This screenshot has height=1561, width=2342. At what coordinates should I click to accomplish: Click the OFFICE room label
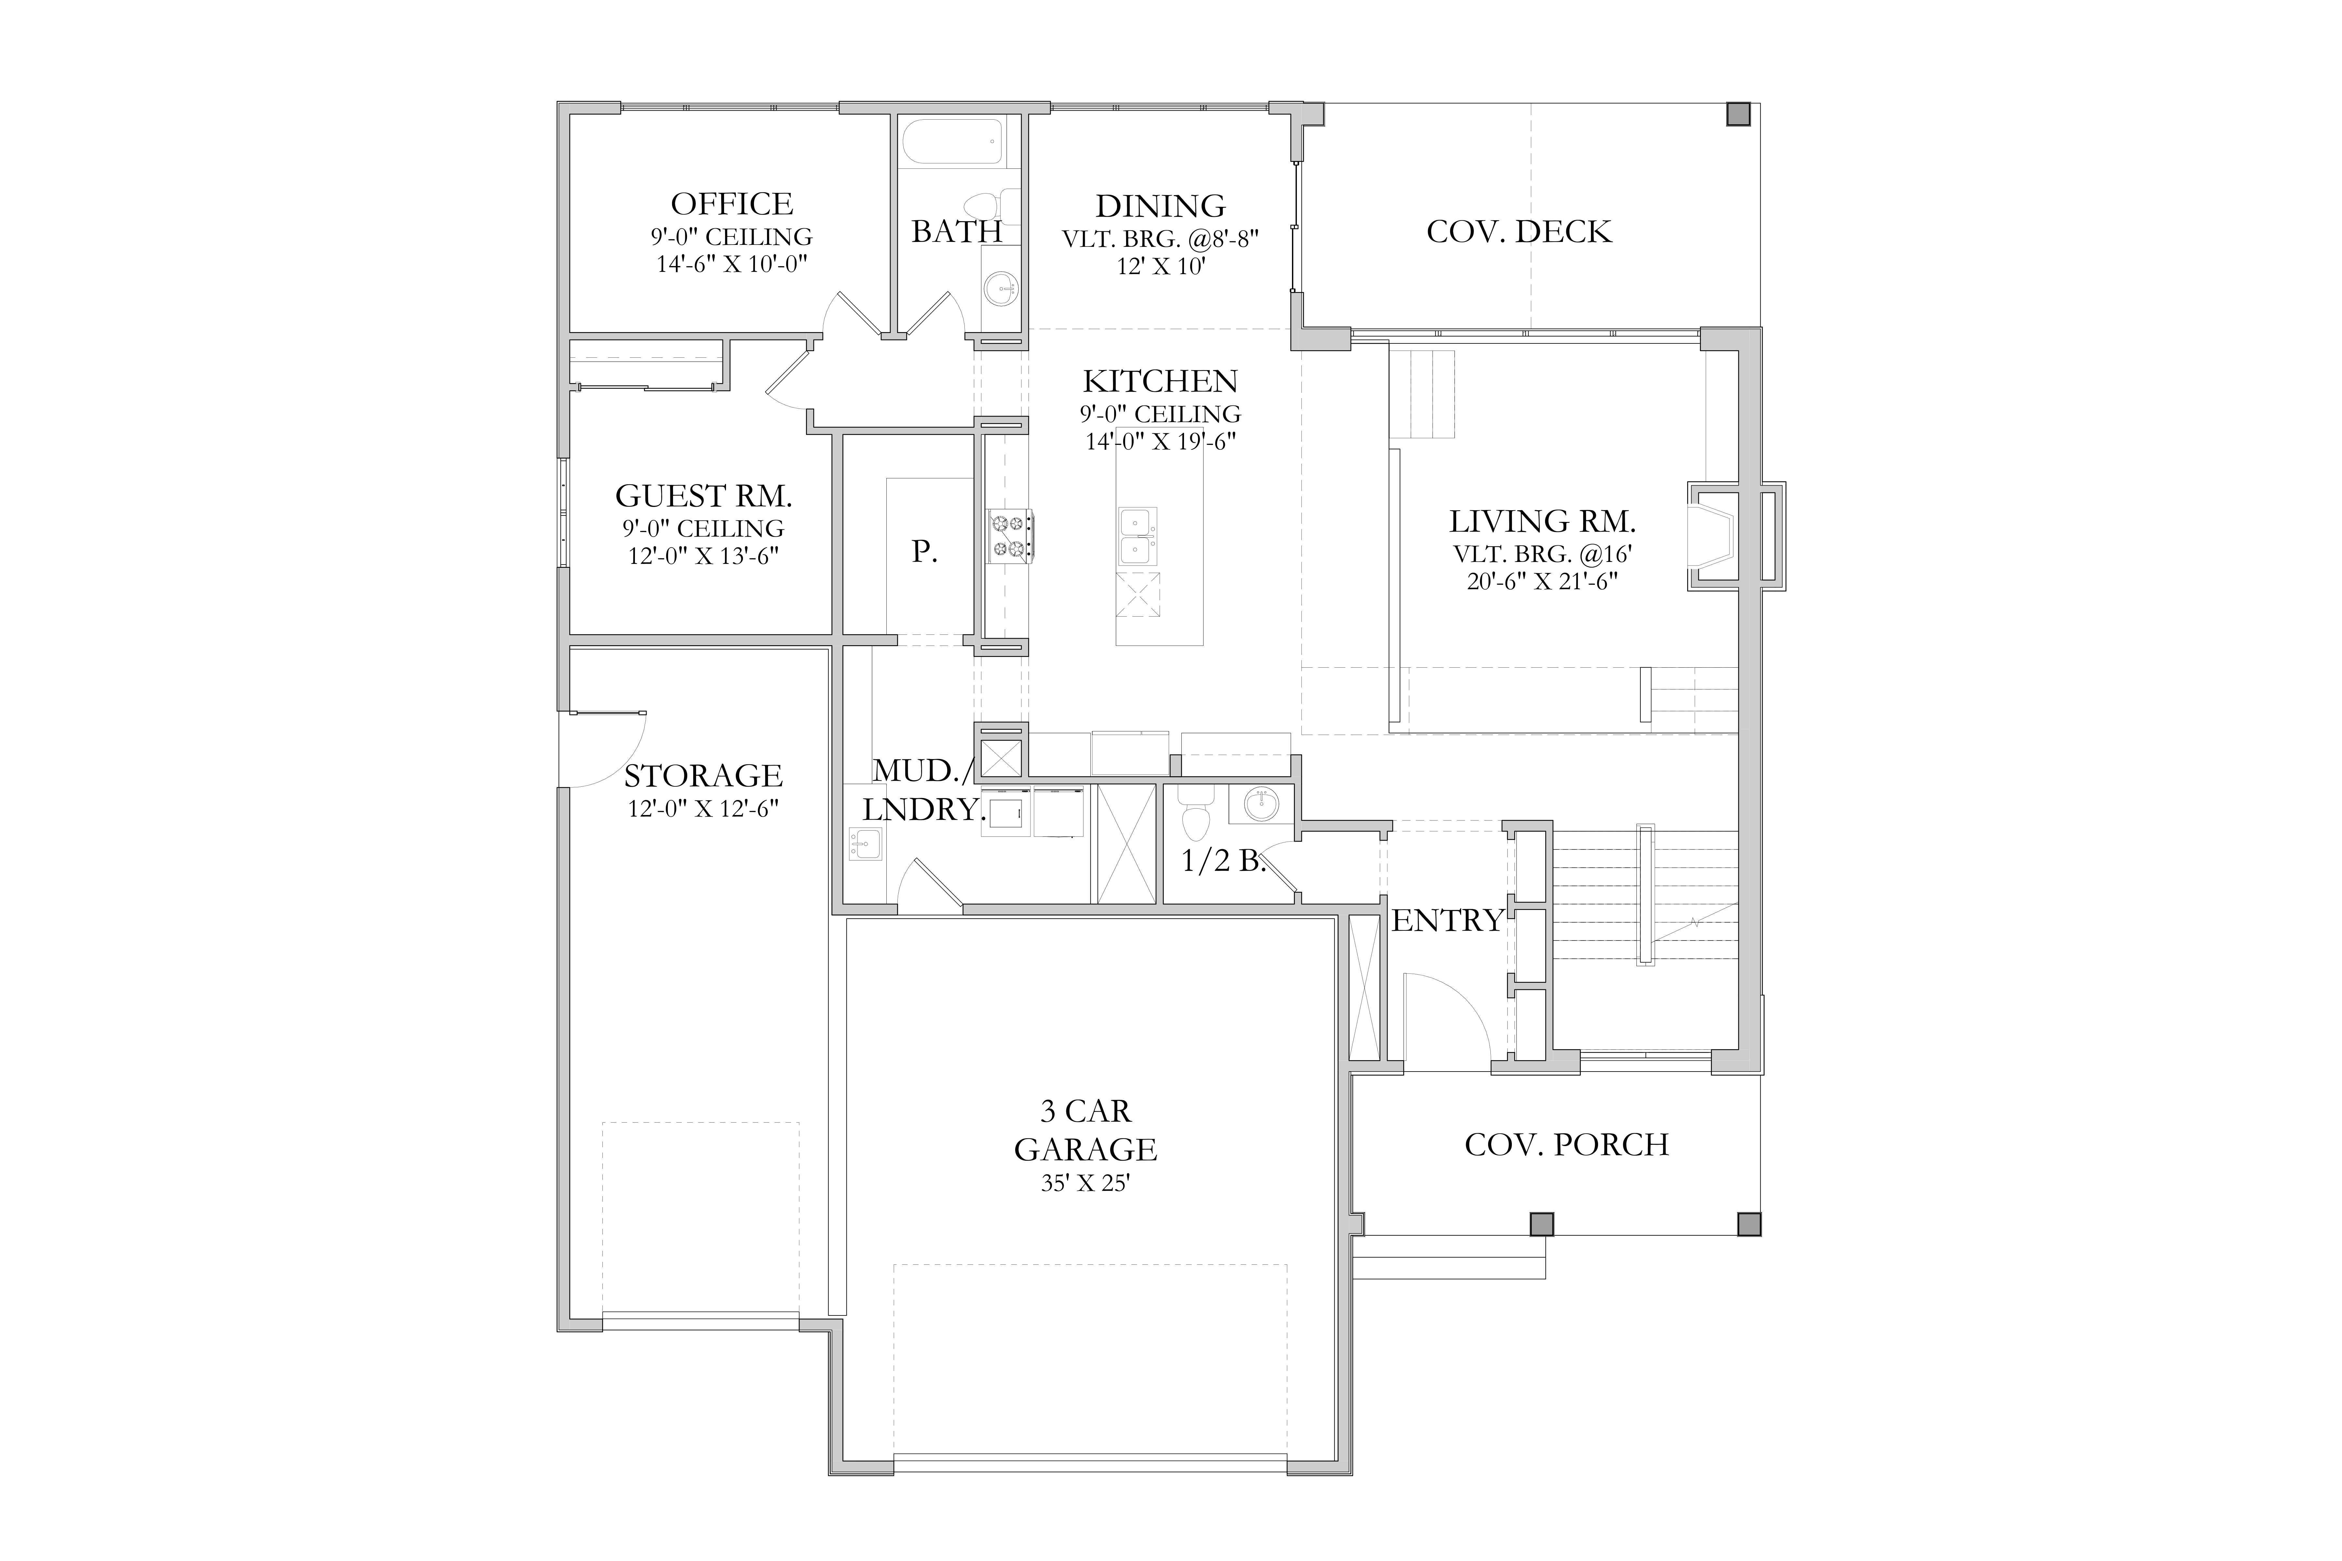(732, 204)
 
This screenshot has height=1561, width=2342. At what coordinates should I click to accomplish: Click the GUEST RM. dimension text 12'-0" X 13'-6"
(703, 555)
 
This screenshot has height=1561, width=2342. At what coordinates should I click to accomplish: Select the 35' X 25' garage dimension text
(1085, 1184)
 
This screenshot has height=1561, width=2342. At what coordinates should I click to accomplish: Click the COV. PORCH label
(1566, 1145)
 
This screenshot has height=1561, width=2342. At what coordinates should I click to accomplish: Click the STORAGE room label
(703, 776)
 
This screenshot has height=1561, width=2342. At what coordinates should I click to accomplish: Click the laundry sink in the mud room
(864, 844)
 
